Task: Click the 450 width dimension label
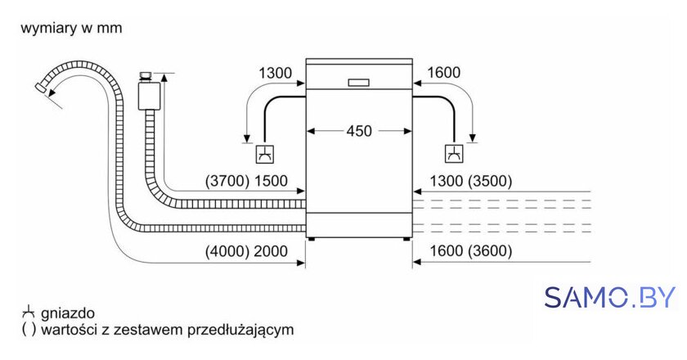[x=359, y=131]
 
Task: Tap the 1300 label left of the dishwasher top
[x=275, y=73]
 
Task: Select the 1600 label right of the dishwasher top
[x=444, y=72]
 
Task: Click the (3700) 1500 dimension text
[x=246, y=181]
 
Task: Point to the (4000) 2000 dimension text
[x=246, y=251]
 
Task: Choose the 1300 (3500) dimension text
[x=470, y=181]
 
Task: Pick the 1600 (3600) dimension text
[x=470, y=251]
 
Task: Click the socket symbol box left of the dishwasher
[x=265, y=154]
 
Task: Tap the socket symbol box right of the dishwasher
[x=455, y=154]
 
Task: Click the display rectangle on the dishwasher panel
[x=359, y=83]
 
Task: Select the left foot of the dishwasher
[x=312, y=240]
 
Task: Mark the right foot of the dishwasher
[x=406, y=240]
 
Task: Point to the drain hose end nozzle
[x=41, y=88]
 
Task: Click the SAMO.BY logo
[x=609, y=298]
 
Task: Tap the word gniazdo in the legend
[x=67, y=313]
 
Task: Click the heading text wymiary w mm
[x=71, y=28]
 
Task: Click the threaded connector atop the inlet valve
[x=146, y=76]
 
